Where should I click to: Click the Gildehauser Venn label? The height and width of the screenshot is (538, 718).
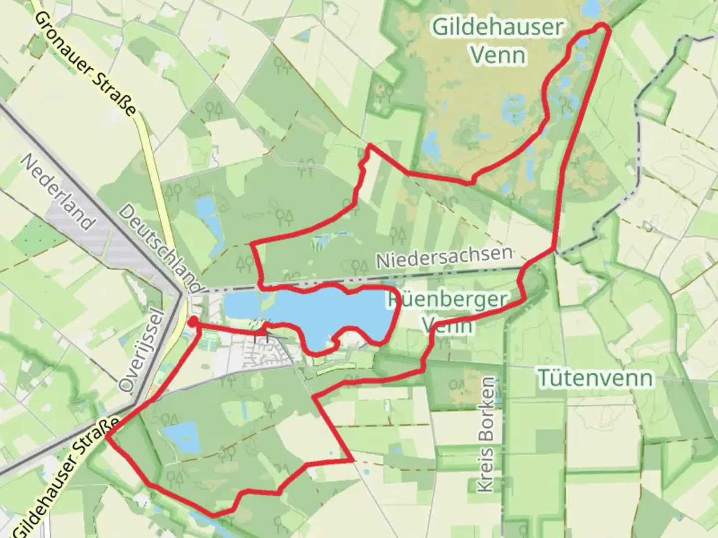tap(498, 41)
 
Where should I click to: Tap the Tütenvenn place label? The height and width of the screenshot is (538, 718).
tap(596, 379)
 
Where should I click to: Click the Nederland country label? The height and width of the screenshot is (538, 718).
tap(57, 192)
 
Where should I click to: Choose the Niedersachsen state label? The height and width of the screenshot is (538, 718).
tap(444, 257)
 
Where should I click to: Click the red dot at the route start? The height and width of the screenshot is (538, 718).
tap(193, 322)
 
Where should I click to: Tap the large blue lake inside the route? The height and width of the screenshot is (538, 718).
tap(339, 311)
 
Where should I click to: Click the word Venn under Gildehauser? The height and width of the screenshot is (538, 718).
tap(498, 55)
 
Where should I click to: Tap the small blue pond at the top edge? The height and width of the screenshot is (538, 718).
tap(592, 7)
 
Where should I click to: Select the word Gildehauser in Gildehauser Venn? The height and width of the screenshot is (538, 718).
tap(498, 27)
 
